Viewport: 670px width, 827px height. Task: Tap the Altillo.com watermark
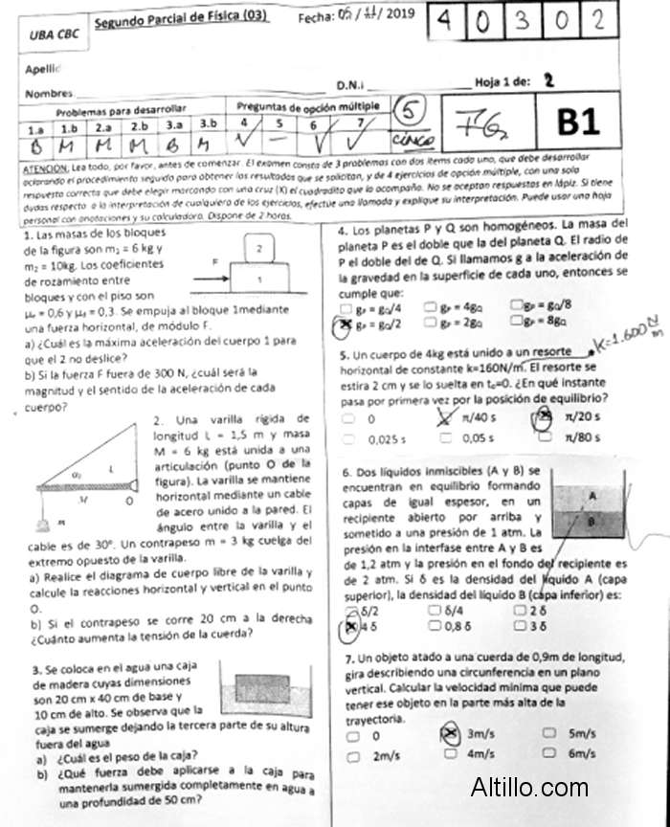point(529,787)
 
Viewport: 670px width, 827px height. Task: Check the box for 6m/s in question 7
point(549,754)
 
